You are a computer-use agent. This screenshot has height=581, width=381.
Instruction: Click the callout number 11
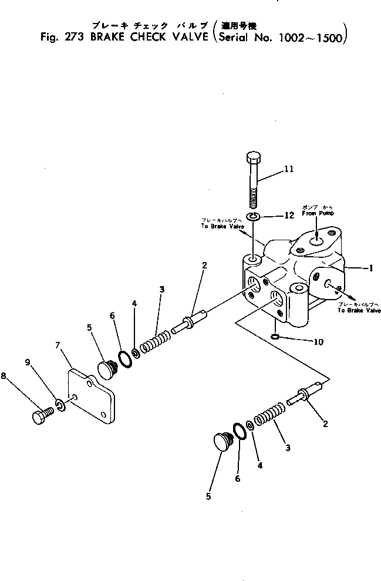289,169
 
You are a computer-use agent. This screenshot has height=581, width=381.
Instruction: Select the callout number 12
289,216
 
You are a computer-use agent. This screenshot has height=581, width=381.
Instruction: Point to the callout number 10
318,342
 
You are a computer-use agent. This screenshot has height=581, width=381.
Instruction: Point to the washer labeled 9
60,405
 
